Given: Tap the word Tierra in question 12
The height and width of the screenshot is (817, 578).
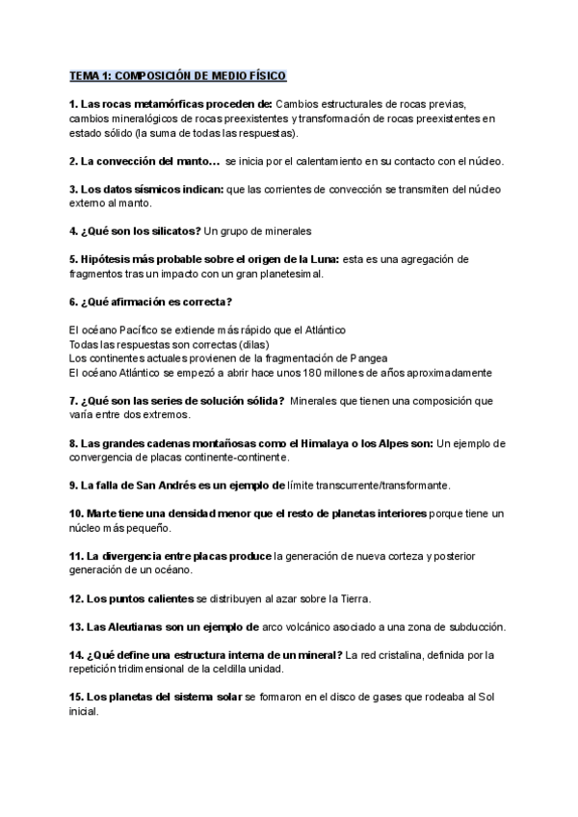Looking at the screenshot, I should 352,598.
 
